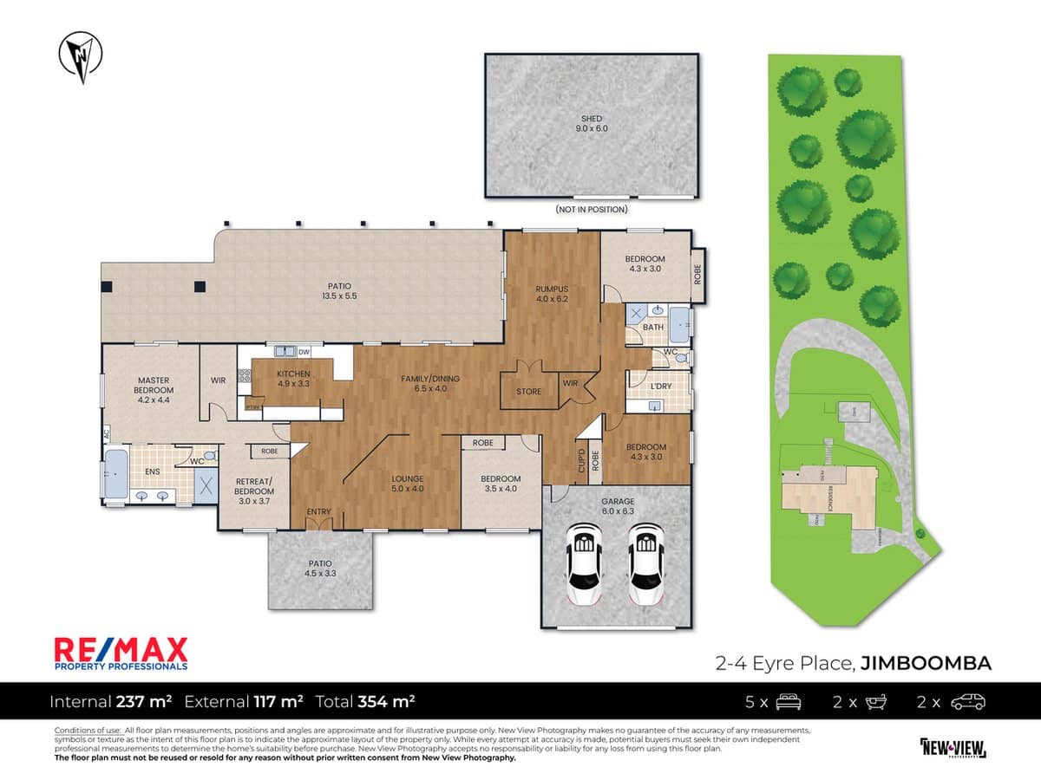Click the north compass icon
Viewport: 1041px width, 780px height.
81,57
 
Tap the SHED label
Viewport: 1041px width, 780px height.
592,119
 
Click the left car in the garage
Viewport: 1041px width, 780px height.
583,566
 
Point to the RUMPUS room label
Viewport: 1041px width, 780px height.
551,289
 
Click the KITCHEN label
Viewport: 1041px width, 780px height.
294,374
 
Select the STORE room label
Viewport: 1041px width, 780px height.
528,392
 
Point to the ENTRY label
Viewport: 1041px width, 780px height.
318,512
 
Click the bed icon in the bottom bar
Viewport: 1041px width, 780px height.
788,701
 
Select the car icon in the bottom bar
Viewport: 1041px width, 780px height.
967,701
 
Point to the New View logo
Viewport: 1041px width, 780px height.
952,747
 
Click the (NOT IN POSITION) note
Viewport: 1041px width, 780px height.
592,210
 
